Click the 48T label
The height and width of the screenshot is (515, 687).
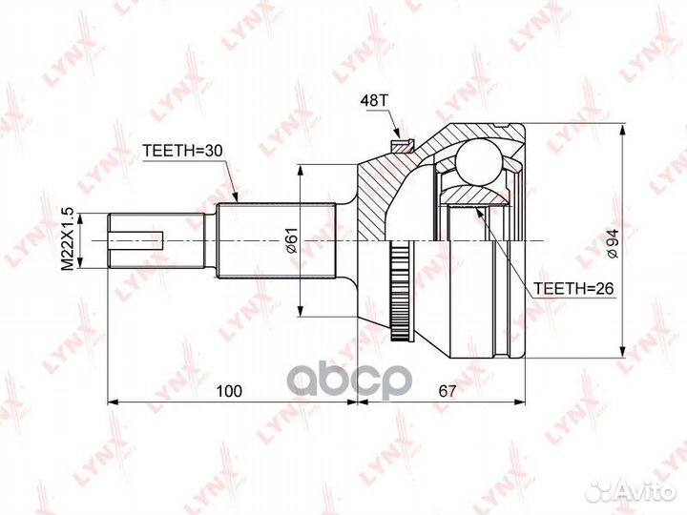tap(374, 101)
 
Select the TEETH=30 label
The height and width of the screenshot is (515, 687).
tap(182, 151)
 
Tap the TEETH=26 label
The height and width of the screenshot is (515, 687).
tap(573, 288)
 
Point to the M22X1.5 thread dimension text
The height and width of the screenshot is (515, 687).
tap(67, 241)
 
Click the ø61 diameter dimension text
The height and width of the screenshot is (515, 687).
tap(292, 240)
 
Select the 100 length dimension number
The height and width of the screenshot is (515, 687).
tap(229, 391)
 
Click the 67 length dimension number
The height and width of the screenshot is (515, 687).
tap(448, 391)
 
